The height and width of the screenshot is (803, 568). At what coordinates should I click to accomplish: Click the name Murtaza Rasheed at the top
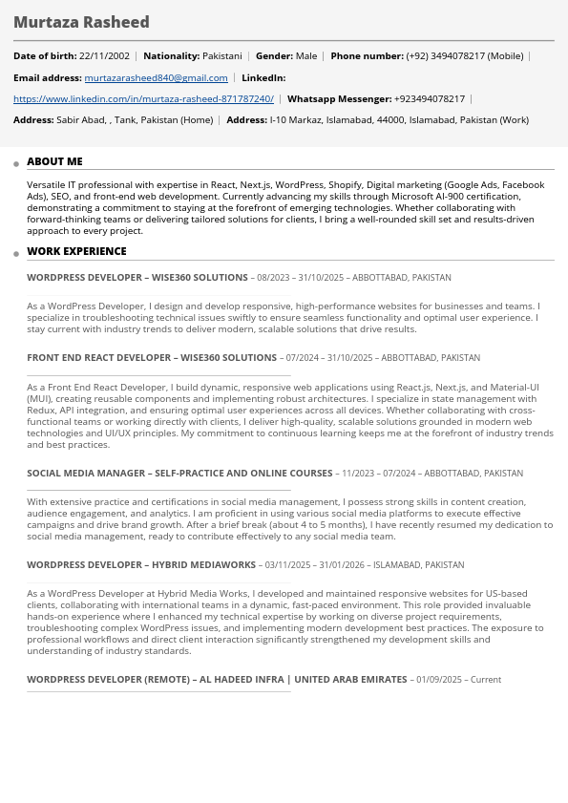tap(81, 22)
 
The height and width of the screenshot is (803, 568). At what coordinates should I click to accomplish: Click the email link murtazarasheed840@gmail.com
tap(156, 78)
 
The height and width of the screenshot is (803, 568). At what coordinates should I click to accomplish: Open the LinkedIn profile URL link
tap(143, 99)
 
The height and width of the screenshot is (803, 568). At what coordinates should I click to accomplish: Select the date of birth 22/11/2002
tap(104, 56)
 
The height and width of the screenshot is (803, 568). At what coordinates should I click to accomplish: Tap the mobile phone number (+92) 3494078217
tap(445, 56)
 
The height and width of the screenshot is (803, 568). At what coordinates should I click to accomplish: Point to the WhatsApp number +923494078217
tap(429, 99)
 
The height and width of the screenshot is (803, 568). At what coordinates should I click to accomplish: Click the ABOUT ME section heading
tap(54, 162)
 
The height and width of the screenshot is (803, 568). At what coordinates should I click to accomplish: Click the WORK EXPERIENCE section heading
tap(76, 252)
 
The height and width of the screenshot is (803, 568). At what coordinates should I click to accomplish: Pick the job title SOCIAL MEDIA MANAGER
tap(84, 474)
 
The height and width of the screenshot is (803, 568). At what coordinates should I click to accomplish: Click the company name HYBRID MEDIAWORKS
tap(205, 565)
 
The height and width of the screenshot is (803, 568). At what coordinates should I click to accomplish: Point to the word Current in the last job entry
tap(486, 680)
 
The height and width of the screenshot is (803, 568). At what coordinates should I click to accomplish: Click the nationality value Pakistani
tap(221, 56)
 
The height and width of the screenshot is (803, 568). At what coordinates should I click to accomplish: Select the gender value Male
tap(305, 56)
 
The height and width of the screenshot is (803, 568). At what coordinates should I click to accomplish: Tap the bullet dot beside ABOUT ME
tap(16, 164)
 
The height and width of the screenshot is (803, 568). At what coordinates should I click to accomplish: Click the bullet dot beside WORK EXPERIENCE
tap(16, 254)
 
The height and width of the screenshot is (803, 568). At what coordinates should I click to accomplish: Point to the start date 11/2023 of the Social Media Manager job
tap(358, 474)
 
